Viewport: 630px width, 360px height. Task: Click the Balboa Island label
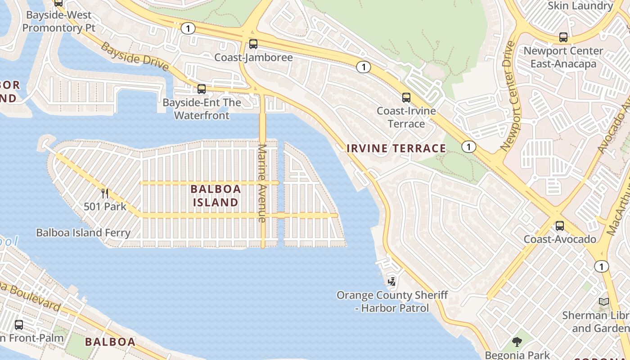point(216,196)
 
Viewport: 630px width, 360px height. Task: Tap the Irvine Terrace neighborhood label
point(396,148)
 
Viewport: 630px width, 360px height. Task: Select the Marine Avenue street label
point(262,183)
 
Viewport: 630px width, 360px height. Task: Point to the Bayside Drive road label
point(134,57)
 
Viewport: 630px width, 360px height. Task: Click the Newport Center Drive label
point(508,96)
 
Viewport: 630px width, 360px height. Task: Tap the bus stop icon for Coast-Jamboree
point(253,44)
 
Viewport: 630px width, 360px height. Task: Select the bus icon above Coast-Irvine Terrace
point(406,97)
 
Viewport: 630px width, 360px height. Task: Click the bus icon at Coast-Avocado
point(560,226)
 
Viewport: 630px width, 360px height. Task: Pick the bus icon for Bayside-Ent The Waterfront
point(202,89)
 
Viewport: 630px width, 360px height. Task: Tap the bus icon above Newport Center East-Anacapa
point(563,37)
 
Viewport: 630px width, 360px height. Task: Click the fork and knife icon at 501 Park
point(105,193)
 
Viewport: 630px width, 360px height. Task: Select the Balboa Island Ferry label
point(83,233)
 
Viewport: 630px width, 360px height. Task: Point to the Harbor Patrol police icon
point(392,282)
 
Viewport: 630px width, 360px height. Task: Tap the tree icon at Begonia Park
point(517,342)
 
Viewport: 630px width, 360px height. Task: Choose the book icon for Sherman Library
point(604,302)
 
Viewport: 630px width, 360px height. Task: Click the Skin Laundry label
point(580,6)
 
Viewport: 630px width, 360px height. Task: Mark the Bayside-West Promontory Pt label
point(59,22)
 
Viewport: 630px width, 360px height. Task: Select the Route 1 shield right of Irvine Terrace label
point(469,147)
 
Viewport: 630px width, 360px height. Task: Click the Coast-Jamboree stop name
point(253,58)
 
